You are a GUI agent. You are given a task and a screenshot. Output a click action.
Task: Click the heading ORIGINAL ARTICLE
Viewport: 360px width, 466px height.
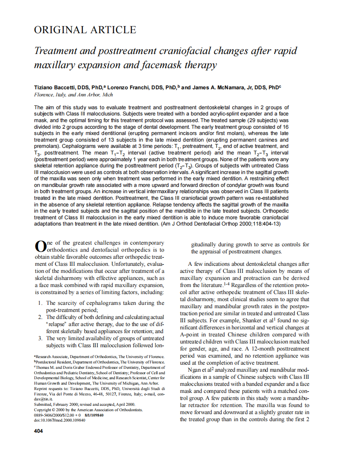pyautogui.click(x=85, y=30)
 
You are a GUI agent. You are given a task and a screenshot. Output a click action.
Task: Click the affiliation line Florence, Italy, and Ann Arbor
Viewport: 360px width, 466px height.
pyautogui.click(x=73, y=95)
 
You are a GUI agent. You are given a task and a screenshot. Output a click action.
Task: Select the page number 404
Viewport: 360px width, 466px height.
pyautogui.click(x=38, y=431)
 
